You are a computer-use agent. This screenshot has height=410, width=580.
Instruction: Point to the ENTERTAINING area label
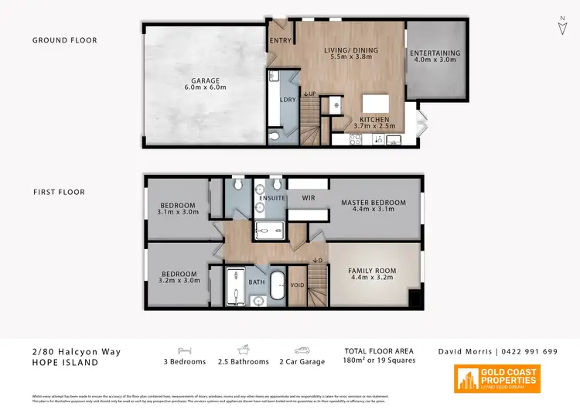(x=435, y=53)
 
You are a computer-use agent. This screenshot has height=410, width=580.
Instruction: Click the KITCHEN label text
(x=374, y=120)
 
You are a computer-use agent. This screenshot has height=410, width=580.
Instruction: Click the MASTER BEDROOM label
(x=373, y=203)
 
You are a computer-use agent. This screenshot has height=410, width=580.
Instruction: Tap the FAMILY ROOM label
(x=373, y=271)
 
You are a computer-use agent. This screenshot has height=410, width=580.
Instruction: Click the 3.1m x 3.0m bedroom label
(x=178, y=209)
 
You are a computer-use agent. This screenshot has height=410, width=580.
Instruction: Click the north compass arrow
(x=561, y=27)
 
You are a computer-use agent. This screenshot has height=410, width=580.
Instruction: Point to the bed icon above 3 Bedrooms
(x=184, y=350)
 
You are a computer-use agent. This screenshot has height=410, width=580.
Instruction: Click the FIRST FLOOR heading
(x=59, y=192)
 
